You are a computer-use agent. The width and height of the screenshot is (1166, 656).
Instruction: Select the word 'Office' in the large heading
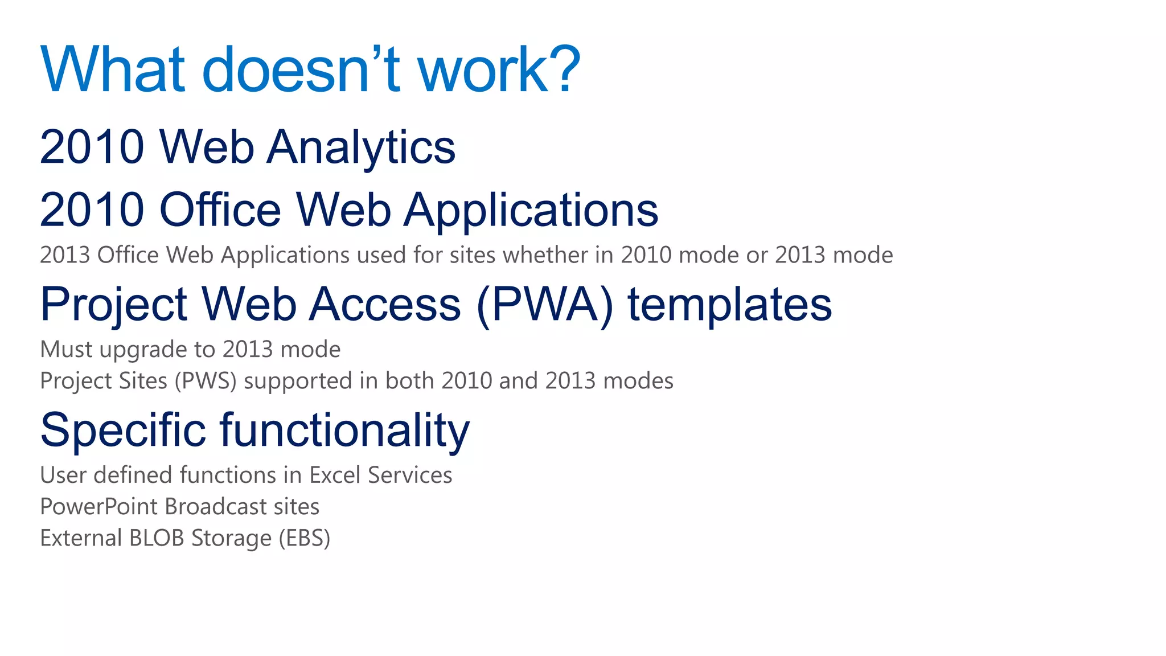click(220, 210)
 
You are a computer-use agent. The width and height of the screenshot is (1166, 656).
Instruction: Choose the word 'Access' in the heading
click(385, 304)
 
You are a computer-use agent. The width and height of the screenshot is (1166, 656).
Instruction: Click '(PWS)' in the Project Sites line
click(205, 381)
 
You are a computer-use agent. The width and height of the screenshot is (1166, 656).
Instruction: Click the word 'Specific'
click(123, 430)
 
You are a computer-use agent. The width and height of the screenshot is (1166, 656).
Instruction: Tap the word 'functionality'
click(344, 430)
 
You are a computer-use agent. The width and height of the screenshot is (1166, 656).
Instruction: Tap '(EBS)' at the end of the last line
click(304, 538)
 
